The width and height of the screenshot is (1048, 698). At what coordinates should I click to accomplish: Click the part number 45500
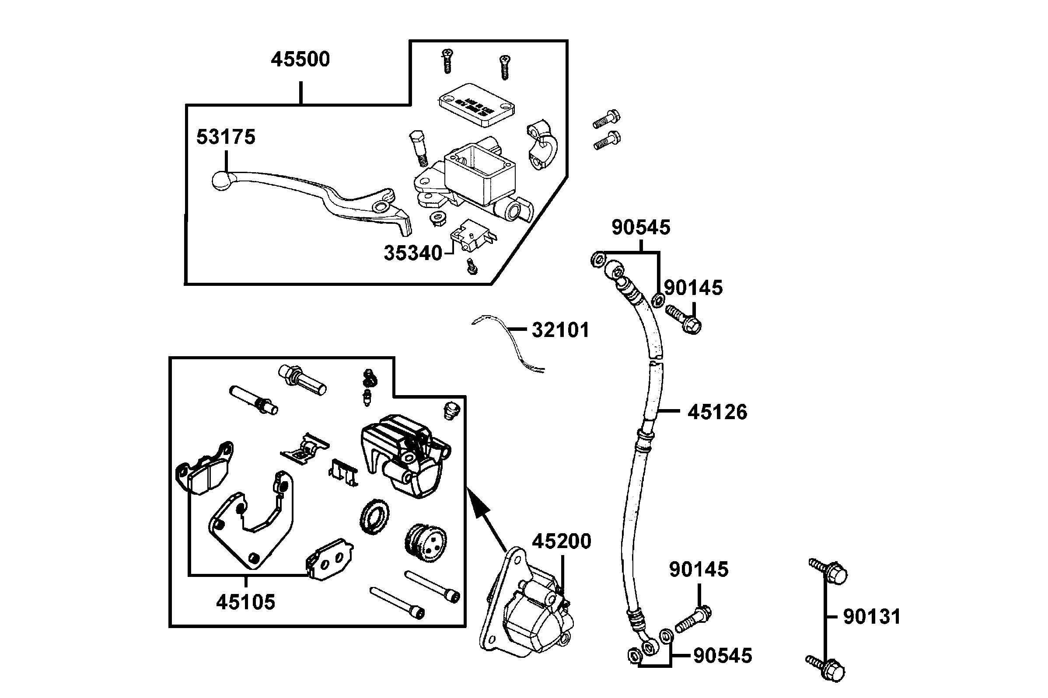[300, 59]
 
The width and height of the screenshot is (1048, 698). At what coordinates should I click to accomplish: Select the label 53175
[226, 137]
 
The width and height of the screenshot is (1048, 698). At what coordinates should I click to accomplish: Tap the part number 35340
[412, 254]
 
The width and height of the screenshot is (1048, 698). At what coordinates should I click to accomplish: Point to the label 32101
[560, 330]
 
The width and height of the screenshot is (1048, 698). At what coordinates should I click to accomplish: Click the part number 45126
[717, 412]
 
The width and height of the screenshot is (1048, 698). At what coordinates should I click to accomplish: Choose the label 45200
[562, 541]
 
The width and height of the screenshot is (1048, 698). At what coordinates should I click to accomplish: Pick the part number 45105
[245, 602]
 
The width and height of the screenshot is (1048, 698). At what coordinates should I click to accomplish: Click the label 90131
[872, 617]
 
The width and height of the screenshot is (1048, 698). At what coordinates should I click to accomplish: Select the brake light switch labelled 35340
[472, 236]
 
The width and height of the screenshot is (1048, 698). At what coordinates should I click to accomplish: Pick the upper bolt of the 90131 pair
[829, 572]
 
